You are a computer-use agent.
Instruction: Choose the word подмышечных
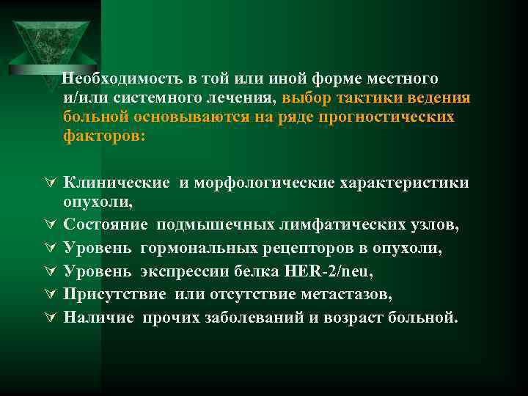point(208,226)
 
